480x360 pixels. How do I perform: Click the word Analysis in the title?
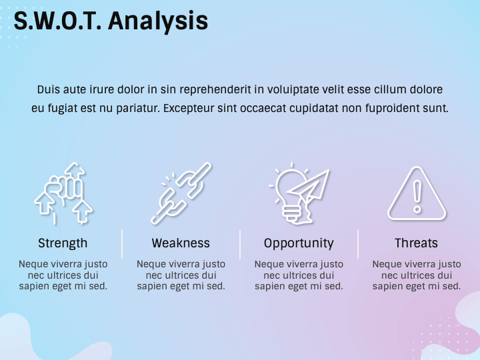click(x=158, y=21)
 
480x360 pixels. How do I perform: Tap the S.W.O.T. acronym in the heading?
click(x=57, y=21)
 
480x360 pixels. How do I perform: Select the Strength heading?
click(x=63, y=243)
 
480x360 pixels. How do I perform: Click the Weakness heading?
click(x=181, y=243)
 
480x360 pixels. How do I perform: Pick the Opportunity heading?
click(x=299, y=244)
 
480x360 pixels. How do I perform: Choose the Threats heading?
click(x=416, y=243)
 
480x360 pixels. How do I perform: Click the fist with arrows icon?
click(x=63, y=193)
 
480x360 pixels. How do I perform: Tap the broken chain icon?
click(x=181, y=193)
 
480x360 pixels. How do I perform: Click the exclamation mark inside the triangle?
click(x=417, y=197)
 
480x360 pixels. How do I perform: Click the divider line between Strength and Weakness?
click(x=122, y=244)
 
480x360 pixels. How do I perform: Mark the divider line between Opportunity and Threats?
click(x=357, y=244)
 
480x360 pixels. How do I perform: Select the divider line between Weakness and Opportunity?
click(x=240, y=244)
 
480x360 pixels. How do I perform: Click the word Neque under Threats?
click(x=387, y=264)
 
